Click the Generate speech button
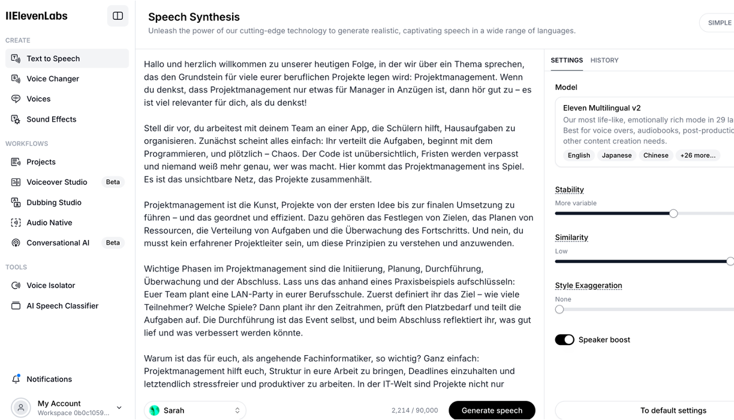[492, 410]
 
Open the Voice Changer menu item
[53, 79]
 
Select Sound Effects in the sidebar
[51, 119]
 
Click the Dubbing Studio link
[53, 202]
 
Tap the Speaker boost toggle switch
[564, 340]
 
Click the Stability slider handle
[673, 214]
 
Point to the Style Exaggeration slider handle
[559, 310]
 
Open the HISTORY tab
[604, 60]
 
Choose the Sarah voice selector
[195, 410]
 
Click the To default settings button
[673, 410]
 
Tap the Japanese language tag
[616, 155]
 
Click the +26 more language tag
[697, 155]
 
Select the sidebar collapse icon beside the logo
[118, 16]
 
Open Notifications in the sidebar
[49, 379]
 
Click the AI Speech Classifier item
[62, 306]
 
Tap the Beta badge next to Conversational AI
[113, 243]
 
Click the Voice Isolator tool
[51, 286]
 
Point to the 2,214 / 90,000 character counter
[414, 410]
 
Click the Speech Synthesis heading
[194, 17]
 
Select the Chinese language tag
[655, 155]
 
